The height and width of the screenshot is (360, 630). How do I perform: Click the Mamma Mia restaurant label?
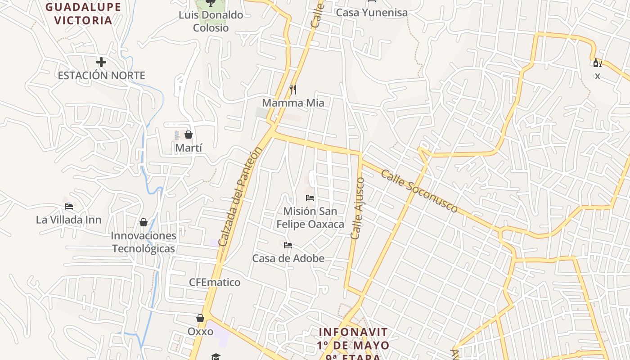(x=293, y=103)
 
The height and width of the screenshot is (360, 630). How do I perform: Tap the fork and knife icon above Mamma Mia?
(x=292, y=90)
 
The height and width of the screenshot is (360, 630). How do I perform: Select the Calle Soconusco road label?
(x=419, y=191)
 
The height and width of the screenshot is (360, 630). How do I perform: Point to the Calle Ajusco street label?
(x=357, y=208)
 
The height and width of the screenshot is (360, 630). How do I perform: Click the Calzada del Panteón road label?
(x=239, y=197)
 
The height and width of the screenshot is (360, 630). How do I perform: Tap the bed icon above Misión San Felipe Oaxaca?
(x=310, y=198)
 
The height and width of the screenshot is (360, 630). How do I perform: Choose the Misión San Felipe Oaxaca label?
(x=310, y=218)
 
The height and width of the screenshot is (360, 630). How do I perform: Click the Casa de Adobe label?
(x=288, y=259)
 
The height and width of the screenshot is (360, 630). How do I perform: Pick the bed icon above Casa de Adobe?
(x=288, y=245)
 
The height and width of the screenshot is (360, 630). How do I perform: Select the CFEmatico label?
(x=215, y=283)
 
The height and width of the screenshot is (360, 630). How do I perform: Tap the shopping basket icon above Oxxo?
(x=200, y=318)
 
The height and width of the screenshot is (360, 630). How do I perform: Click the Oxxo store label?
(x=200, y=332)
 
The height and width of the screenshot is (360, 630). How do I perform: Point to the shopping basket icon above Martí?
(x=189, y=135)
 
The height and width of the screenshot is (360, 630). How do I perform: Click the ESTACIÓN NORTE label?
(x=101, y=76)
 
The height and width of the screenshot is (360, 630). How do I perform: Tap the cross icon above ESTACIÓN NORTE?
(x=101, y=62)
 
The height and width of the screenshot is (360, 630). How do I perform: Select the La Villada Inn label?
(x=69, y=220)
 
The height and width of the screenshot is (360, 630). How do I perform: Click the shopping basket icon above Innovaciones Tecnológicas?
(x=144, y=222)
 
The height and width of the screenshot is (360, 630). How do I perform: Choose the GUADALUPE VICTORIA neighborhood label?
(x=83, y=13)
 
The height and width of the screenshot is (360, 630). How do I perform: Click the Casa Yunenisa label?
(x=372, y=13)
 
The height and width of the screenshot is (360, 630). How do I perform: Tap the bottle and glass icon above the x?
(x=597, y=63)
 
